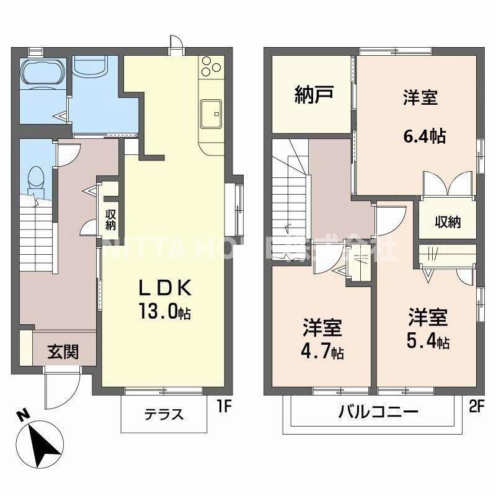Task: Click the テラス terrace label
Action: click(164, 414)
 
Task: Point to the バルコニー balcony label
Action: click(378, 411)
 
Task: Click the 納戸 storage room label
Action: click(314, 95)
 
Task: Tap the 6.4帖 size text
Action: click(424, 136)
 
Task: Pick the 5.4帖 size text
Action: click(428, 341)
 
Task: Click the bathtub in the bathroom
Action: click(42, 72)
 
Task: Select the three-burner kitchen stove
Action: click(210, 67)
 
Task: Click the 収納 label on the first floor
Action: click(111, 219)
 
